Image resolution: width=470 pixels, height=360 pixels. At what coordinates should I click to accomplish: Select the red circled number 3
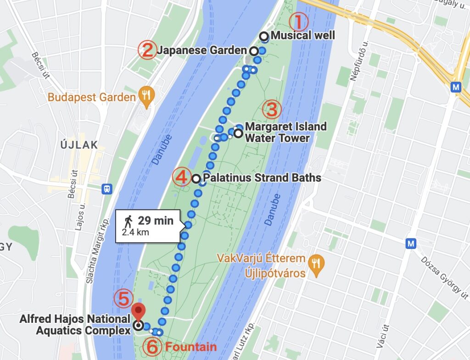click(271, 110)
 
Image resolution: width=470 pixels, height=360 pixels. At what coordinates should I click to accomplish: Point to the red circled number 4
click(181, 177)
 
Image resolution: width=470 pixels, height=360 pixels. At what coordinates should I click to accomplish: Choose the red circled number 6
click(152, 347)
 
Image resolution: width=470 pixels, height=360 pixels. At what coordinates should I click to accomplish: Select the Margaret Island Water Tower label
click(285, 132)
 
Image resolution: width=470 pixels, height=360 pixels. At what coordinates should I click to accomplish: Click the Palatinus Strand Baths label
click(262, 178)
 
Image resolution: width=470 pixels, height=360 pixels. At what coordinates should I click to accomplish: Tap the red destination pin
click(138, 311)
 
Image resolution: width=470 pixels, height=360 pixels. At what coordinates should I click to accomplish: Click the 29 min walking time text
click(156, 221)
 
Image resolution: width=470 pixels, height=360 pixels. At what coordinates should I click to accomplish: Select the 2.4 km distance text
click(135, 233)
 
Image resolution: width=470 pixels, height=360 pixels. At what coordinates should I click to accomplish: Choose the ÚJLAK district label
click(79, 145)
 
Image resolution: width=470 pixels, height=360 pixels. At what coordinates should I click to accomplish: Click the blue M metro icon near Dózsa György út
click(411, 244)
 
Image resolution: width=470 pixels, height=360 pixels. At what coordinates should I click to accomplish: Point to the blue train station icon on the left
click(107, 188)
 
